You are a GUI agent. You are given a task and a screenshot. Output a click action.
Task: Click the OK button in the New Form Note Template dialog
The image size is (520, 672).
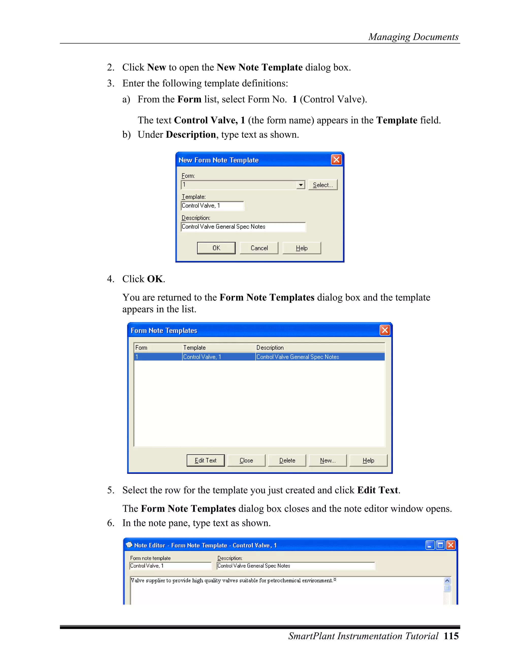(x=216, y=248)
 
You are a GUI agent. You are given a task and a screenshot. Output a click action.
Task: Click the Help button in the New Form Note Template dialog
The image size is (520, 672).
(x=301, y=248)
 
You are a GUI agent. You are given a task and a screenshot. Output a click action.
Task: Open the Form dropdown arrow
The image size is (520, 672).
(x=301, y=185)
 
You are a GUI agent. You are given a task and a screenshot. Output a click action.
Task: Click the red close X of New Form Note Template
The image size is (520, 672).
(x=336, y=160)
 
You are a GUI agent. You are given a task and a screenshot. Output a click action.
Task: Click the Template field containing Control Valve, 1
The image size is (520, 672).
(x=212, y=206)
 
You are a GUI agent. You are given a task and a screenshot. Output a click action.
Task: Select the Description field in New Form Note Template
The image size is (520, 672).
(x=243, y=227)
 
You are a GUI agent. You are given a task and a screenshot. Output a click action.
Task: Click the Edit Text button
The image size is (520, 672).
(x=205, y=460)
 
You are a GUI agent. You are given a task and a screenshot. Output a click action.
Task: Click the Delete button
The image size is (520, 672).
(x=287, y=460)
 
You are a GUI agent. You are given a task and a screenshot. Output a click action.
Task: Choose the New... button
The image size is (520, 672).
(x=328, y=460)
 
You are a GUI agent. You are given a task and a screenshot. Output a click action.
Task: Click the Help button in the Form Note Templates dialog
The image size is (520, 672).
(x=368, y=460)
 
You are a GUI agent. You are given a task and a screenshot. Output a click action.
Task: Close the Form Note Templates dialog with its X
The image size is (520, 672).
(x=384, y=330)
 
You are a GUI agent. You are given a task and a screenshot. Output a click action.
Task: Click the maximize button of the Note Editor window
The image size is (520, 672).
(x=440, y=545)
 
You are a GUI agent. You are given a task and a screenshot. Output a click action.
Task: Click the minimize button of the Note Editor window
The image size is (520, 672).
(x=430, y=545)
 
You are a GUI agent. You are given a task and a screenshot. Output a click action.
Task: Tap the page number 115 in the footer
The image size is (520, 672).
(x=451, y=636)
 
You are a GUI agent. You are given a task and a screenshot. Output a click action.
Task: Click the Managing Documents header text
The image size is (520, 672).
(x=413, y=37)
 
